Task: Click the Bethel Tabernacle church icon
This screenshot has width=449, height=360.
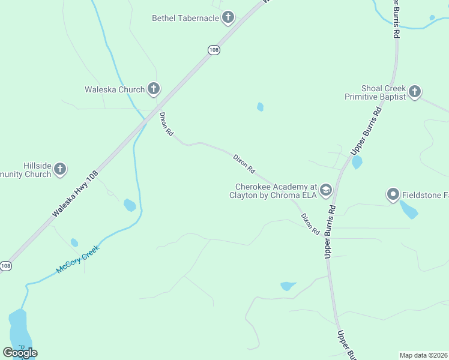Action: (x=228, y=18)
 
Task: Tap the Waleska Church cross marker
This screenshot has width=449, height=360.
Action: (x=154, y=89)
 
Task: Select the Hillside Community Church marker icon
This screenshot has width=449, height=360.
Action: (x=60, y=169)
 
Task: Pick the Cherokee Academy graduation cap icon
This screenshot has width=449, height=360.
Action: (x=326, y=190)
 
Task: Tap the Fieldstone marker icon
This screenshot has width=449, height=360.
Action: (x=393, y=194)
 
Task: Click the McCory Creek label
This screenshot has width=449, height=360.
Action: (x=77, y=260)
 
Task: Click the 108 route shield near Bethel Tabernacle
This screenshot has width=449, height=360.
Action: (x=214, y=50)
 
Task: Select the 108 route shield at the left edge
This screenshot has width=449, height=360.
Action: (x=5, y=266)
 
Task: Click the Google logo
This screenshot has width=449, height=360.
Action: (x=20, y=353)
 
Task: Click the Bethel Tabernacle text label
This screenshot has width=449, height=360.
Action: (x=185, y=18)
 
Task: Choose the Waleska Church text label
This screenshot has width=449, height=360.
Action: (x=115, y=90)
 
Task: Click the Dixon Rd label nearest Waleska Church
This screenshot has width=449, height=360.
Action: (x=166, y=124)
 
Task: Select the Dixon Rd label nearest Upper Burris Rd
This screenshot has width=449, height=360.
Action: (x=310, y=224)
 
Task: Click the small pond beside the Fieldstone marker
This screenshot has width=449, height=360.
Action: (x=409, y=210)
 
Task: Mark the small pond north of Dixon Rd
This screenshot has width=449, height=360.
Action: (x=260, y=107)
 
